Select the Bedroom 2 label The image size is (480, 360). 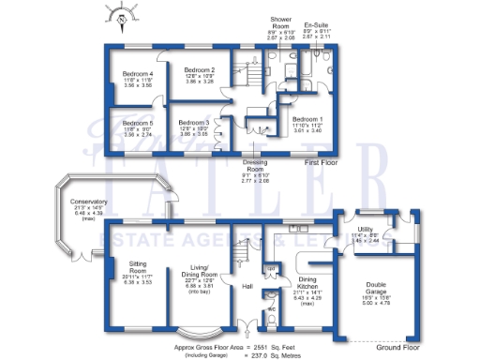[x=200, y=70]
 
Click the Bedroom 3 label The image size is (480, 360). [x=194, y=123]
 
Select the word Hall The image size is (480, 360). [x=248, y=286]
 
